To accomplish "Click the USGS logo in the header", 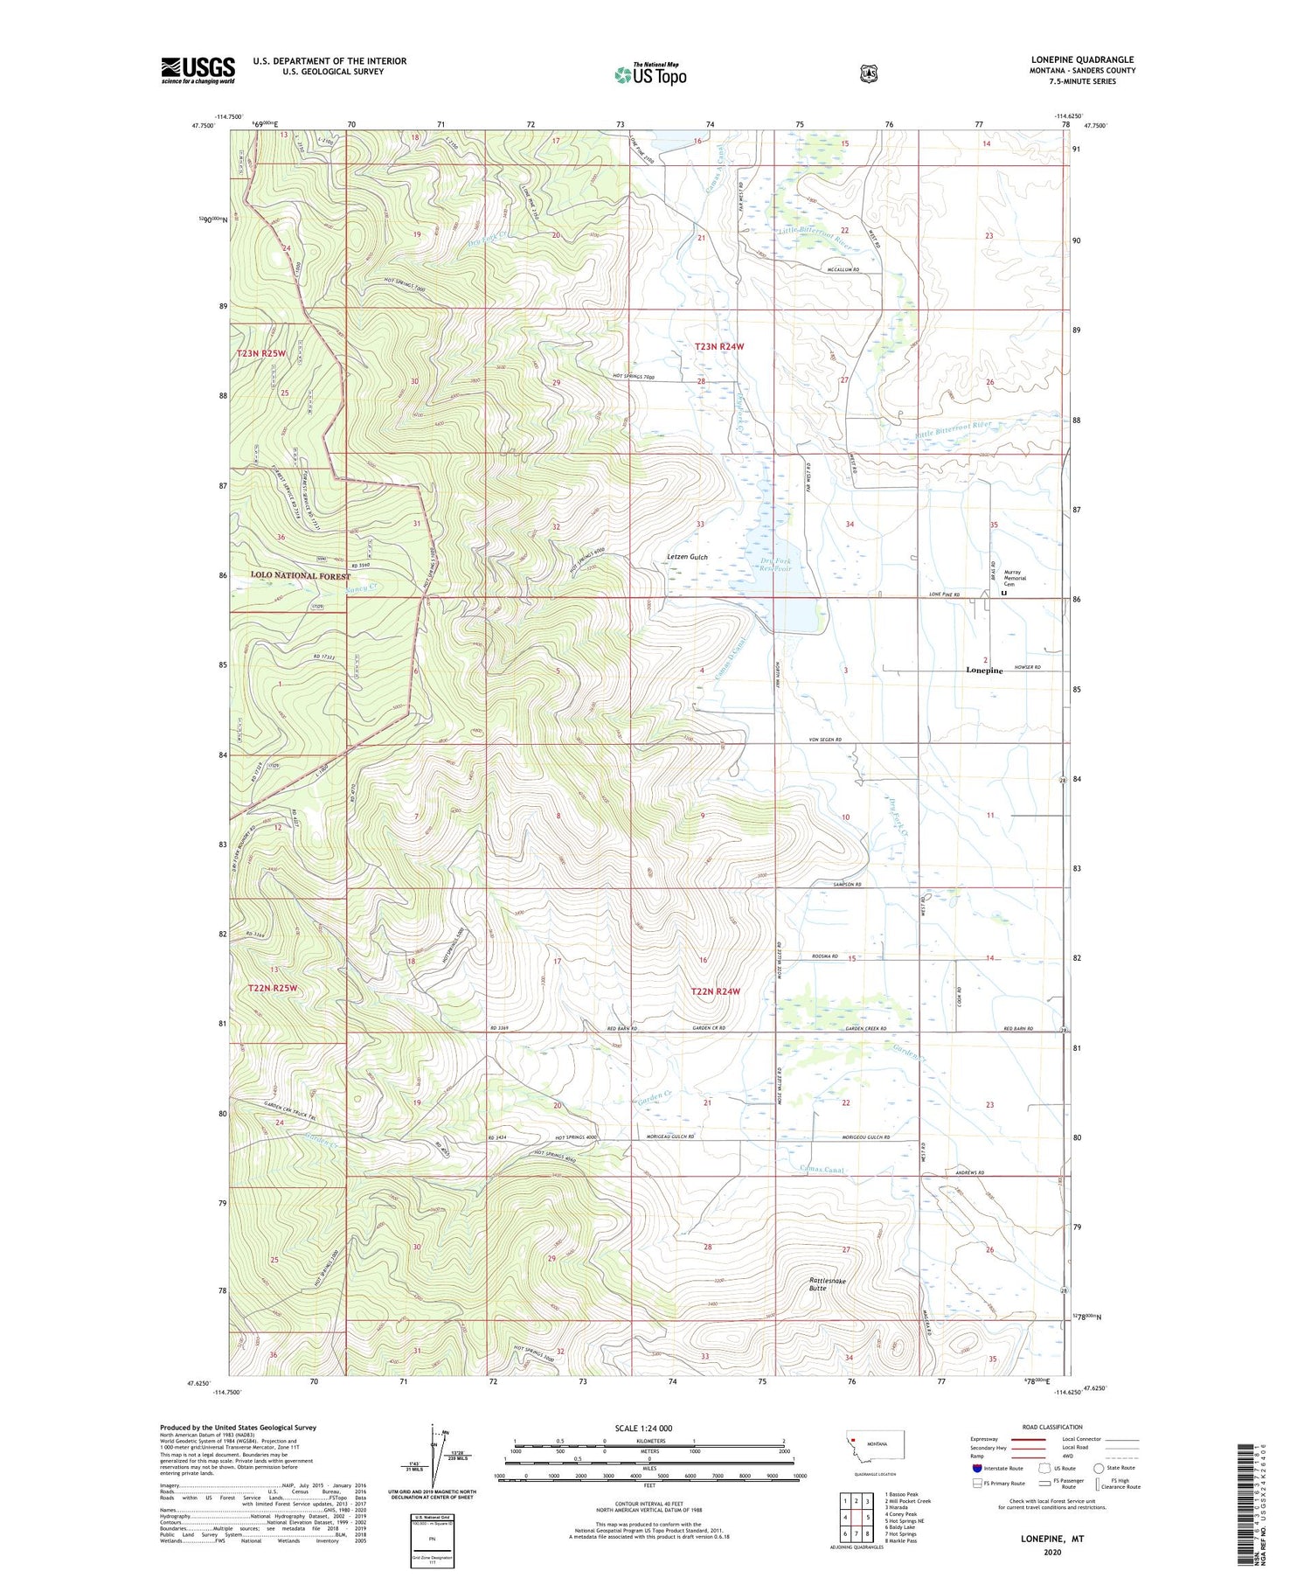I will (198, 70).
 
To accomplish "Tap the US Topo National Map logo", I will (650, 74).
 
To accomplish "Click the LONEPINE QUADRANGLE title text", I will (1082, 59).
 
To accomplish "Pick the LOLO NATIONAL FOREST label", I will (300, 575).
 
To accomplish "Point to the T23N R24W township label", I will (718, 347).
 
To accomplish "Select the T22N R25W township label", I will (273, 988).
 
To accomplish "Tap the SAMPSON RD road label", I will (847, 885).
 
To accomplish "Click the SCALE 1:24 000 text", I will (643, 1428).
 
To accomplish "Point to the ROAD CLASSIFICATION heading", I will (1045, 1427).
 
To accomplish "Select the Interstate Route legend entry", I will (997, 1468).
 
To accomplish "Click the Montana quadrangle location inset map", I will (875, 1449).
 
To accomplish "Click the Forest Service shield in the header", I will (868, 74).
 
